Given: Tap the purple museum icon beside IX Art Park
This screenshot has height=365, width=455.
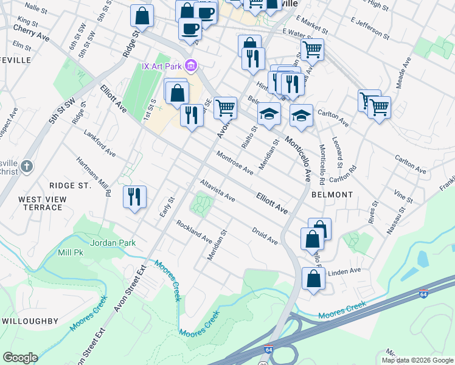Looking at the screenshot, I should click(190, 65).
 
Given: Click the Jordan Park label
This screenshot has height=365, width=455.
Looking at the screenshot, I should click(113, 243).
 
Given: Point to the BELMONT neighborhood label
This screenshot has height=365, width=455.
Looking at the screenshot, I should click(332, 195).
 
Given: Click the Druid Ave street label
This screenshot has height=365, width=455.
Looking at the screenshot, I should click(265, 237).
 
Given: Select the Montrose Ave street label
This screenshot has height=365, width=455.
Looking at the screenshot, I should click(235, 164).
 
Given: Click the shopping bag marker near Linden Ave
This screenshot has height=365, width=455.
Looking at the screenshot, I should click(313, 279).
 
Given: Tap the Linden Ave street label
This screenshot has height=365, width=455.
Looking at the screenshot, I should click(344, 271).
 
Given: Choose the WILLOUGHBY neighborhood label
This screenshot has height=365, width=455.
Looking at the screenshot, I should click(30, 321).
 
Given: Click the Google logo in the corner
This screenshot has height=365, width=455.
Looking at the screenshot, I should click(19, 358).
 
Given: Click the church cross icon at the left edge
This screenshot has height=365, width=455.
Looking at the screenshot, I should click(26, 166).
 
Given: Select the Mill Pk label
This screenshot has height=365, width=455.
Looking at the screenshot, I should click(71, 252).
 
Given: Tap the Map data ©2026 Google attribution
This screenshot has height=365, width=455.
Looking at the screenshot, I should click(417, 360).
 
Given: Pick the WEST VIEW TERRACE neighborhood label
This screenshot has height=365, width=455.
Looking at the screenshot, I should click(40, 203).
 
